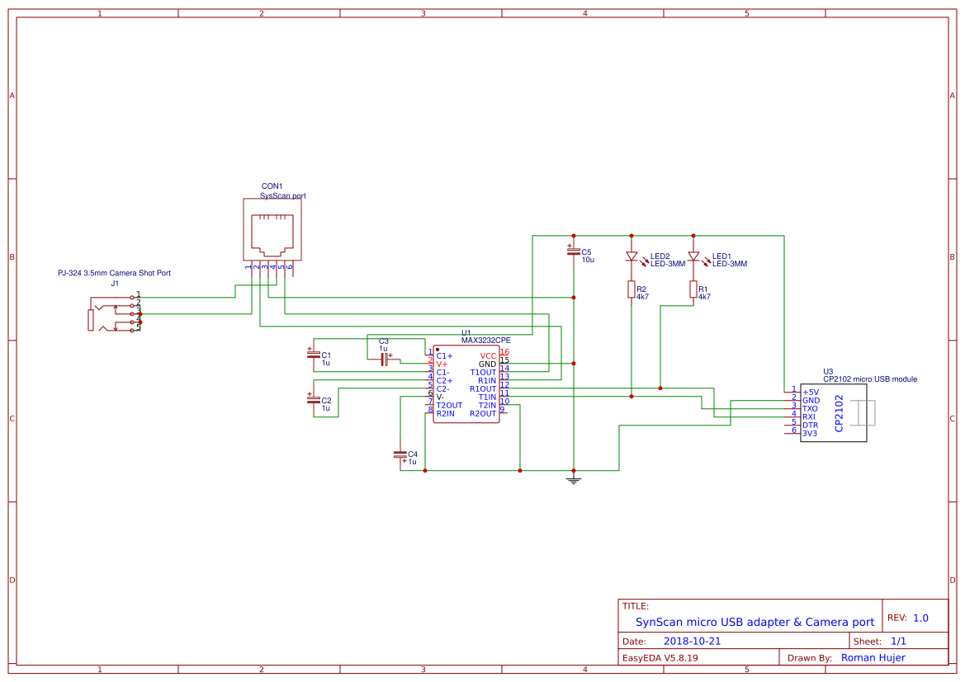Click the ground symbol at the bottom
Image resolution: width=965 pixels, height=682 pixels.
pos(574,479)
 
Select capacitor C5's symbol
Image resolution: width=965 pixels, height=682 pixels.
pos(574,251)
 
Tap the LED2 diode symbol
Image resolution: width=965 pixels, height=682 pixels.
pos(632,256)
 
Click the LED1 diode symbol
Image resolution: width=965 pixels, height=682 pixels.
pos(693,256)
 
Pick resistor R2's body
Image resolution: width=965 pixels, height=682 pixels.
pos(632,289)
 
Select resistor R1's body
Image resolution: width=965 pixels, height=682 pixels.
pos(693,289)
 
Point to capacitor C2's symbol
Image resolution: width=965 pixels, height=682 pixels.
pos(314,401)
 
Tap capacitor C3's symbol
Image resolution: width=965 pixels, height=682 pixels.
pos(384,359)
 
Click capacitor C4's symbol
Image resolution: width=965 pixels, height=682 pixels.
pos(400,454)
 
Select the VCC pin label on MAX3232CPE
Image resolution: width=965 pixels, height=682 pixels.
pos(489,355)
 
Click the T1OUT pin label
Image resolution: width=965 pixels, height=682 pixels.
pos(483,372)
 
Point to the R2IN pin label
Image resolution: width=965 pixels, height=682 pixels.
pos(445,413)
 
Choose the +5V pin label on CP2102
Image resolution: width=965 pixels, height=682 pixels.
pos(811,392)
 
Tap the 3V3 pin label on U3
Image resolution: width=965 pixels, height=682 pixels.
pos(810,433)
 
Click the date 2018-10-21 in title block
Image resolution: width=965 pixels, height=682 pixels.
pos(692,641)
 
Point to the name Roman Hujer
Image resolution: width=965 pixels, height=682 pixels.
pos(873,657)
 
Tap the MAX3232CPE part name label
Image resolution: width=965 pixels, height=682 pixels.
pos(485,340)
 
